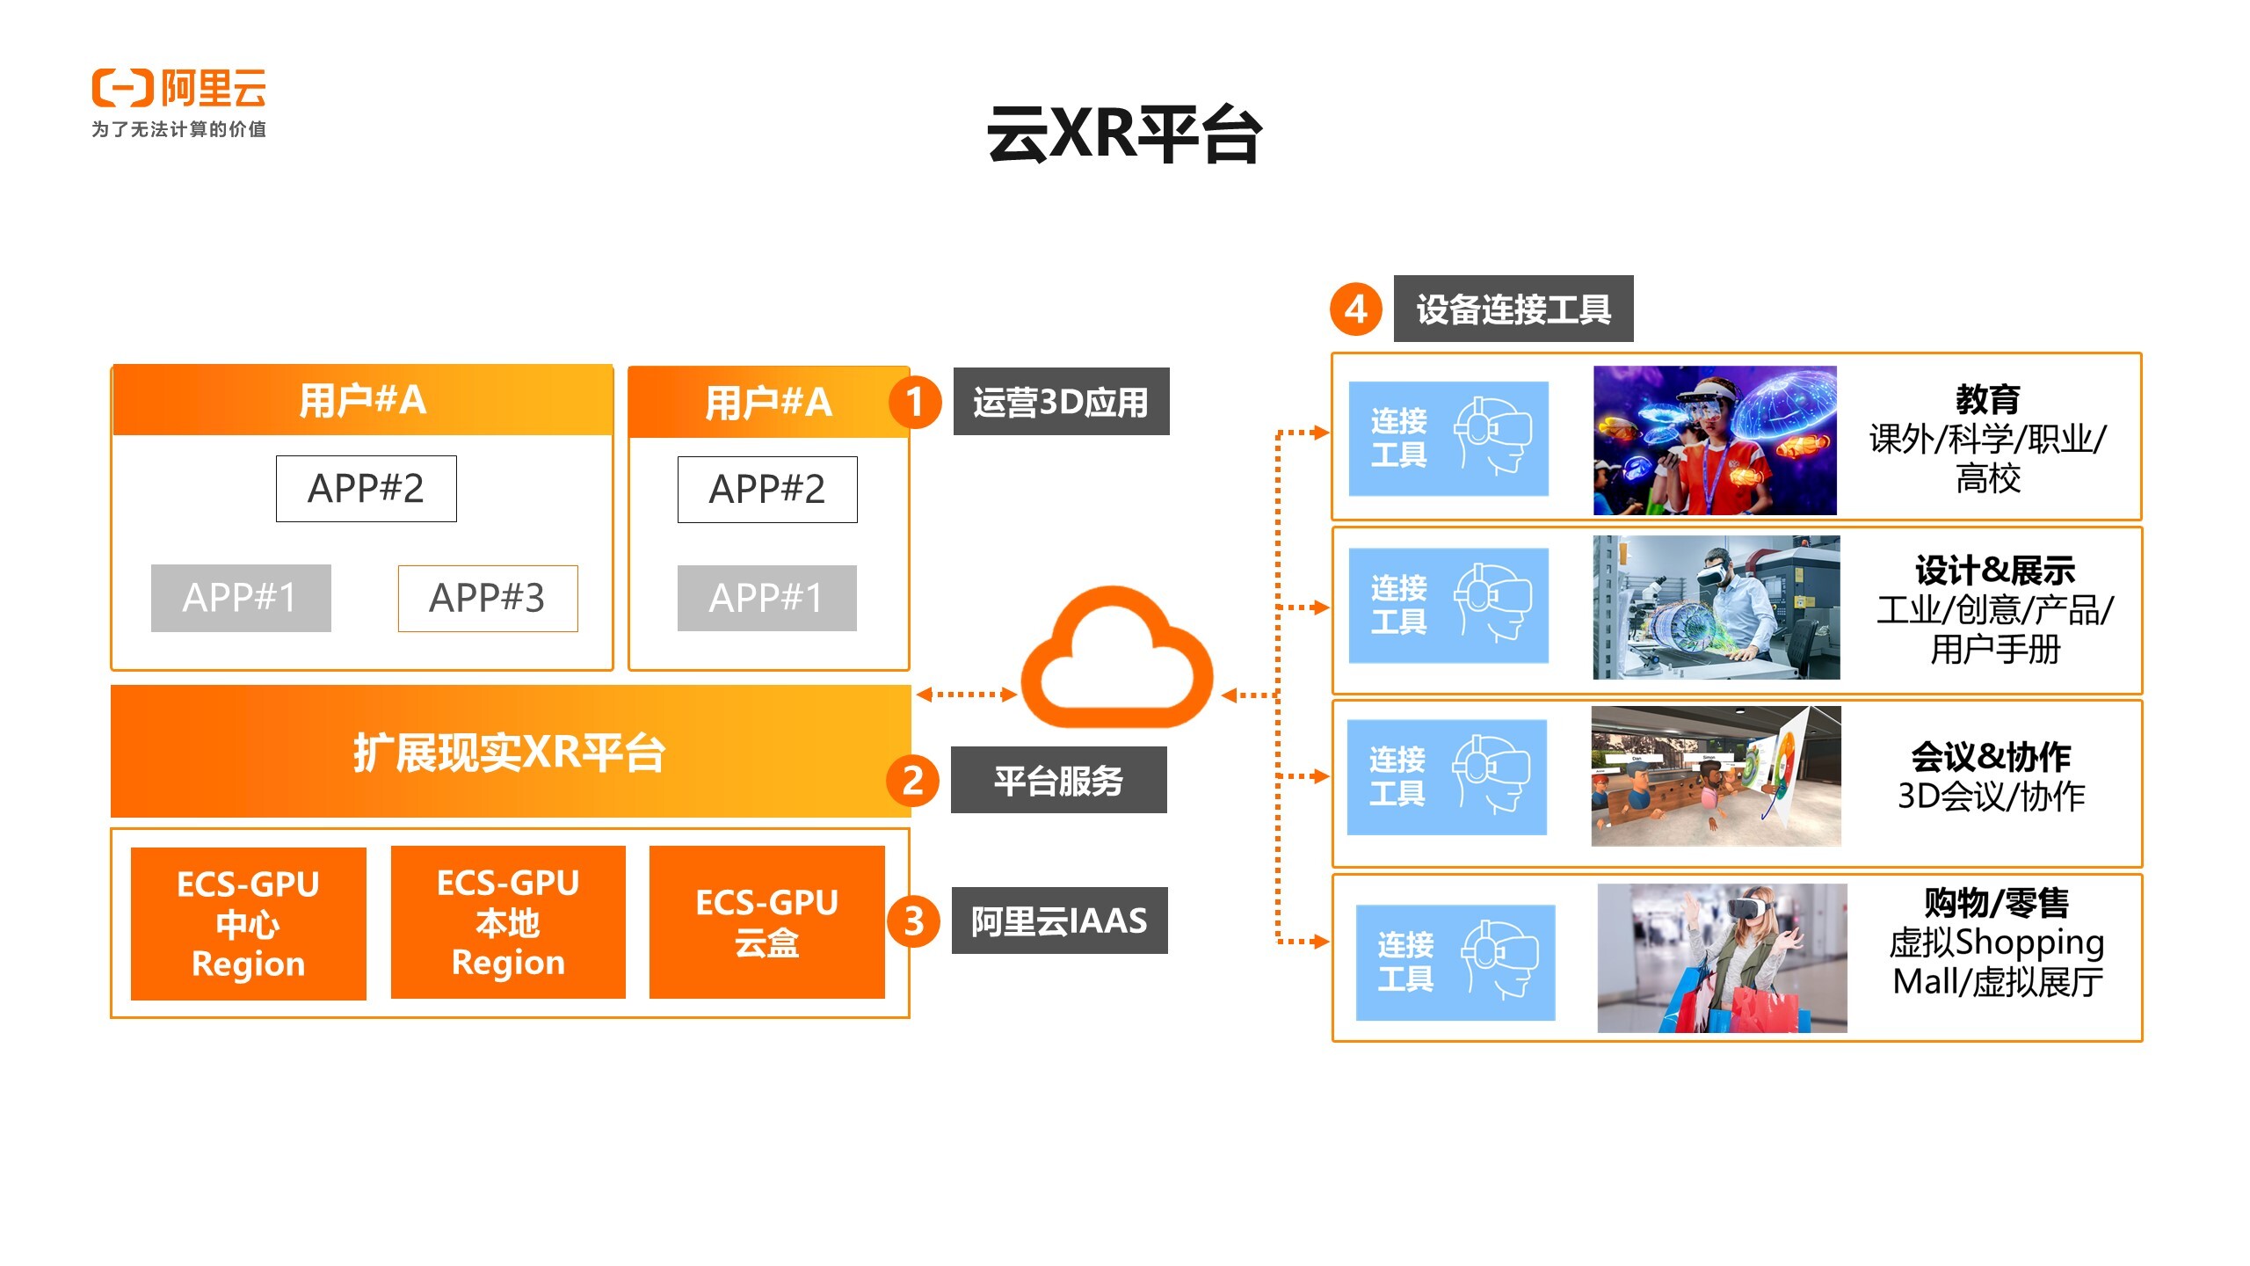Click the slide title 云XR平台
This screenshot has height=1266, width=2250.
click(x=1124, y=135)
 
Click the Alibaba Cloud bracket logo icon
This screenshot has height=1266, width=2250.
click(x=122, y=88)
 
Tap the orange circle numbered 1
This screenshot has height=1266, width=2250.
click(x=914, y=403)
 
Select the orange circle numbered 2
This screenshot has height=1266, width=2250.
click(x=913, y=781)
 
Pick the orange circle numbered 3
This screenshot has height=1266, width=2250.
click(x=913, y=921)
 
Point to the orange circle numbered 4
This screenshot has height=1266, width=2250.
click(x=1355, y=309)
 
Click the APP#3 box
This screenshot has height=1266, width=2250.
click(x=488, y=598)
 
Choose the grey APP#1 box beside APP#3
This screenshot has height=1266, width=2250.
click(x=241, y=598)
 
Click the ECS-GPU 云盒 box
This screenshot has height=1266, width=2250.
click(x=766, y=922)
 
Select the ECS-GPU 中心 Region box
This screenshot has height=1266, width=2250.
click(x=248, y=923)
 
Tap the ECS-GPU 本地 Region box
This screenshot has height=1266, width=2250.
click(x=508, y=922)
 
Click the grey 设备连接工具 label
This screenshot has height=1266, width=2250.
click(x=1513, y=309)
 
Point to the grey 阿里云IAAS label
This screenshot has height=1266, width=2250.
click(x=1059, y=920)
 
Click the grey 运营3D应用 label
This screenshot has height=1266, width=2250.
click(x=1061, y=402)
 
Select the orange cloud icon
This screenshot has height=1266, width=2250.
click(x=1116, y=659)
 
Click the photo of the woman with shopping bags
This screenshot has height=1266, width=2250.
click(x=1721, y=958)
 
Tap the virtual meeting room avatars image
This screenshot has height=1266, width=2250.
click(x=1715, y=776)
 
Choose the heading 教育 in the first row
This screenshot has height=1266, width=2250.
click(x=1987, y=399)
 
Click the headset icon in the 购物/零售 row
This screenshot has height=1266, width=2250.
click(x=1499, y=960)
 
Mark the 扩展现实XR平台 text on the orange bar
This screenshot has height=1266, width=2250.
click(x=509, y=753)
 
